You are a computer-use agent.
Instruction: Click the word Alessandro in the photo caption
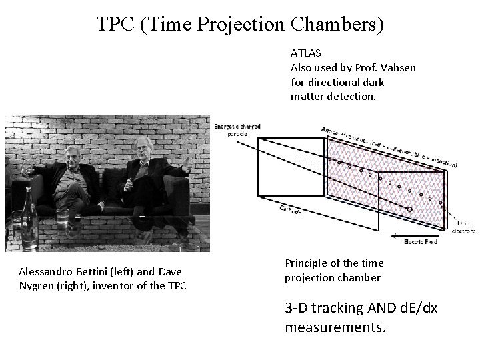tap(46, 272)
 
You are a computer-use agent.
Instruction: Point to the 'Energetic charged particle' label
tap(237, 129)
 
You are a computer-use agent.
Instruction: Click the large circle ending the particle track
tap(409, 209)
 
